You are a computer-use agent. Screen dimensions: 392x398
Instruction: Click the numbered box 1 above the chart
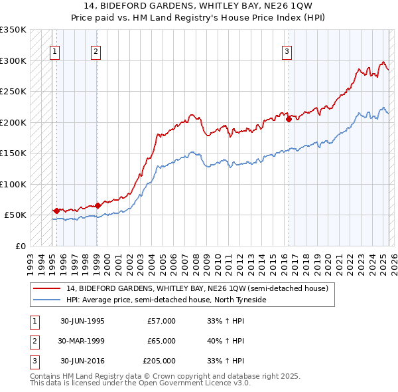pyautogui.click(x=54, y=52)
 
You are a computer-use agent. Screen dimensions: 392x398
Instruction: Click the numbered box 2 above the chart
pyautogui.click(x=96, y=52)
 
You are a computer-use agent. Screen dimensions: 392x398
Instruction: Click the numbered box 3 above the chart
pyautogui.click(x=287, y=52)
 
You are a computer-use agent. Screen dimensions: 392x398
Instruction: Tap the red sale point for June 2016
pyautogui.click(x=289, y=120)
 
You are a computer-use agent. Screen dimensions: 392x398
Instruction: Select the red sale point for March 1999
pyautogui.click(x=98, y=205)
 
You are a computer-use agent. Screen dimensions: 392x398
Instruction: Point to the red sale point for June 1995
pyautogui.click(x=56, y=211)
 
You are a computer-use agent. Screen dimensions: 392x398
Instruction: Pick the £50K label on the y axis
pyautogui.click(x=16, y=215)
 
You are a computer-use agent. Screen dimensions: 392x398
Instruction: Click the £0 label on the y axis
pyautogui.click(x=21, y=246)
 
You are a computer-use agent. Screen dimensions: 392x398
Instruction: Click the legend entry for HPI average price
pyautogui.click(x=166, y=300)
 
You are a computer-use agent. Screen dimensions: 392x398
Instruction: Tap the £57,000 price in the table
pyautogui.click(x=162, y=321)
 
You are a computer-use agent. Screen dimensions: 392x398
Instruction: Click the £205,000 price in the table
pyautogui.click(x=159, y=361)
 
